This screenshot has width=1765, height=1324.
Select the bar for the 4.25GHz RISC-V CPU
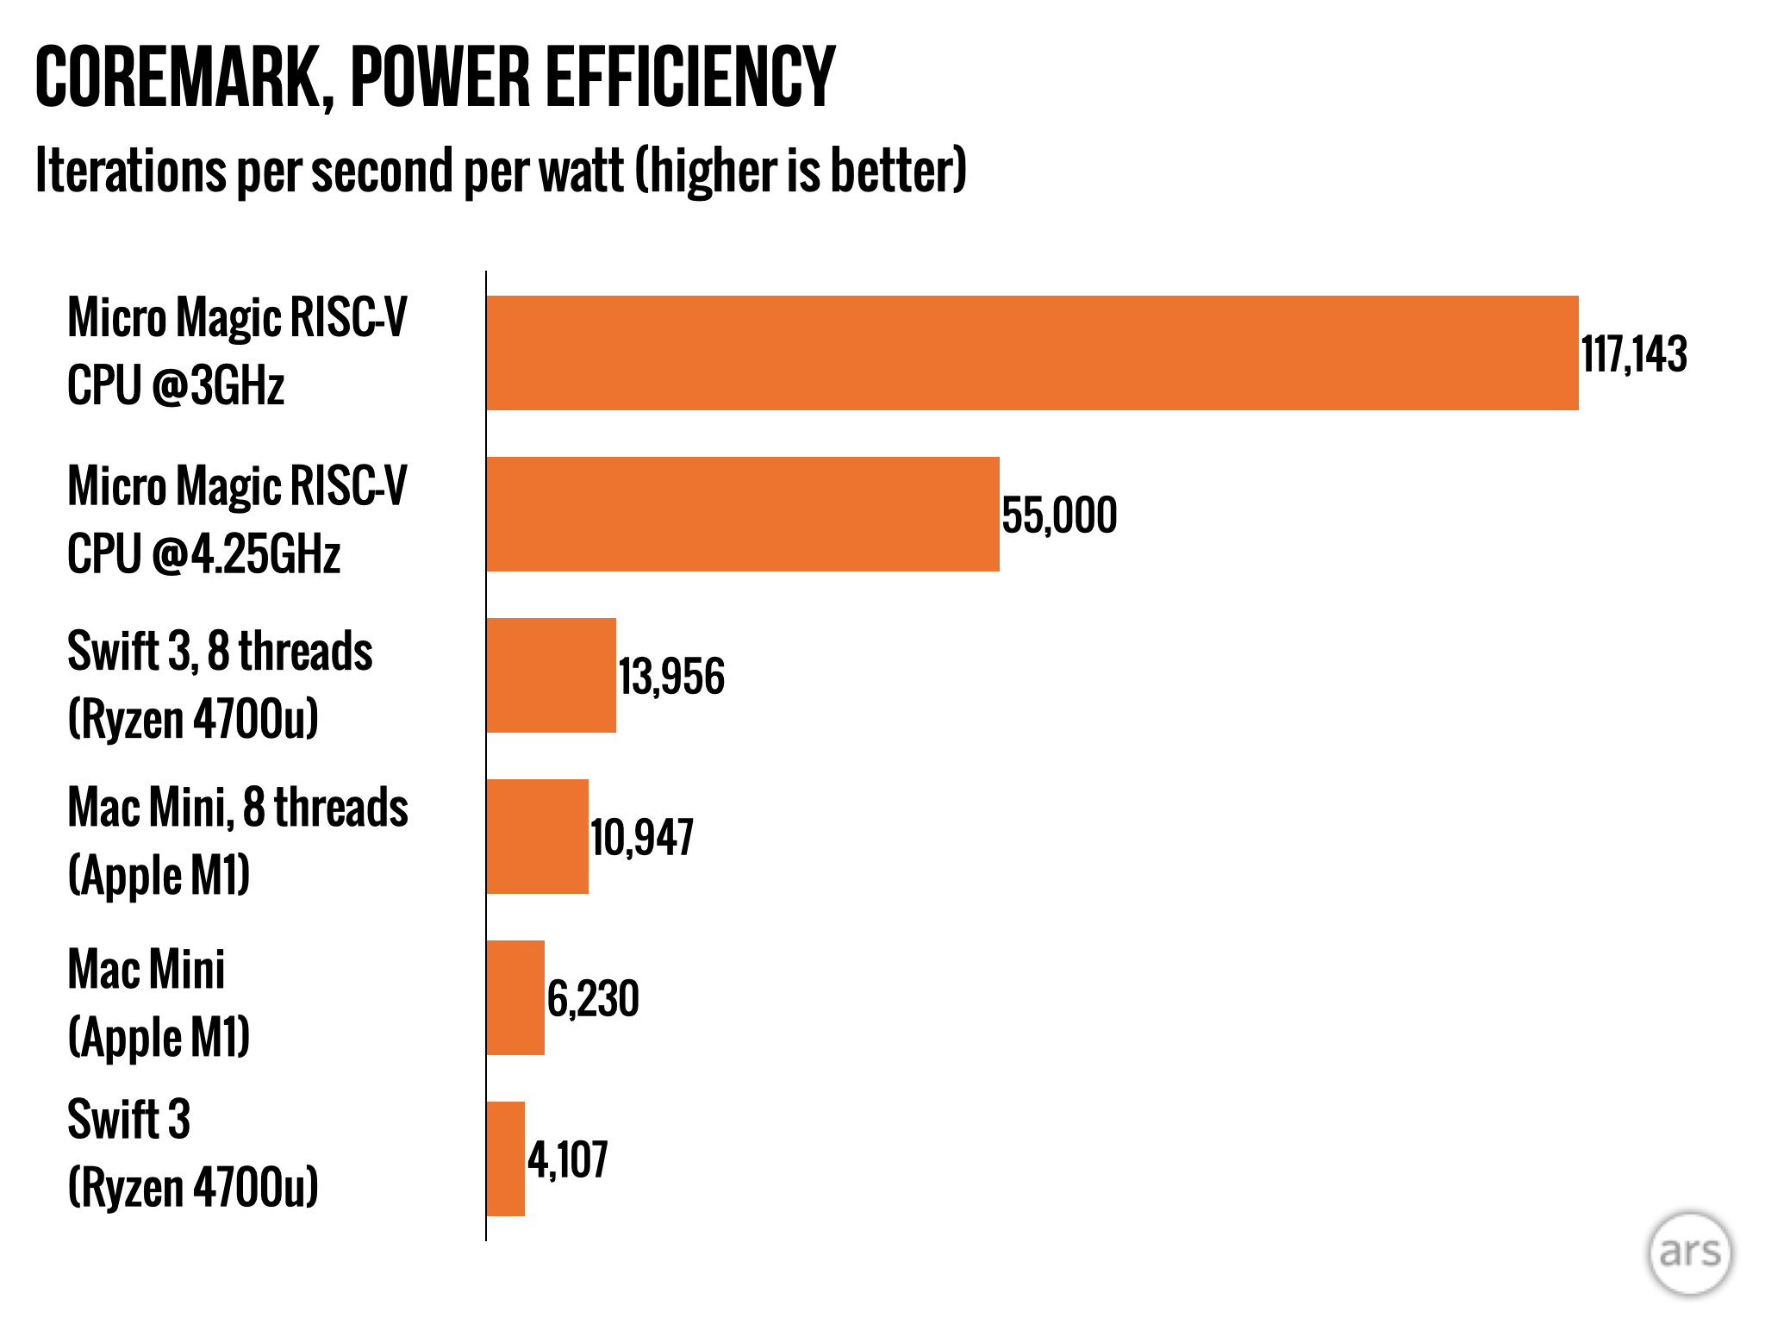tap(742, 514)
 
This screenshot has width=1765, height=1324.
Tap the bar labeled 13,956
tap(551, 675)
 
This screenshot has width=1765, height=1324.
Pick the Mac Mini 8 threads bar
tap(537, 836)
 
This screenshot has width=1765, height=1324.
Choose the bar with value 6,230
tap(515, 997)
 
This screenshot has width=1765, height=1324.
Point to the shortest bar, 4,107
tap(505, 1158)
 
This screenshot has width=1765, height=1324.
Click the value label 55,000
tap(1059, 515)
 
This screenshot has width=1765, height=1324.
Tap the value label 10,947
tap(642, 838)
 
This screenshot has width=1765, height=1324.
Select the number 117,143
tap(1633, 354)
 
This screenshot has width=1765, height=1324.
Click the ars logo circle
tap(1689, 1252)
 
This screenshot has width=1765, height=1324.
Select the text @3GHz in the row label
tap(218, 385)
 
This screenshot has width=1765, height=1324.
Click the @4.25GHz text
tap(246, 553)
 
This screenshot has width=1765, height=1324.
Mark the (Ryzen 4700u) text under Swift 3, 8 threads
tap(193, 718)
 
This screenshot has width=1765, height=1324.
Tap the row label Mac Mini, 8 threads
tap(238, 809)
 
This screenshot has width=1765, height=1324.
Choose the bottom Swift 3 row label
tap(129, 1120)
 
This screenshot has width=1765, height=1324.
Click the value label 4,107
tap(568, 1159)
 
